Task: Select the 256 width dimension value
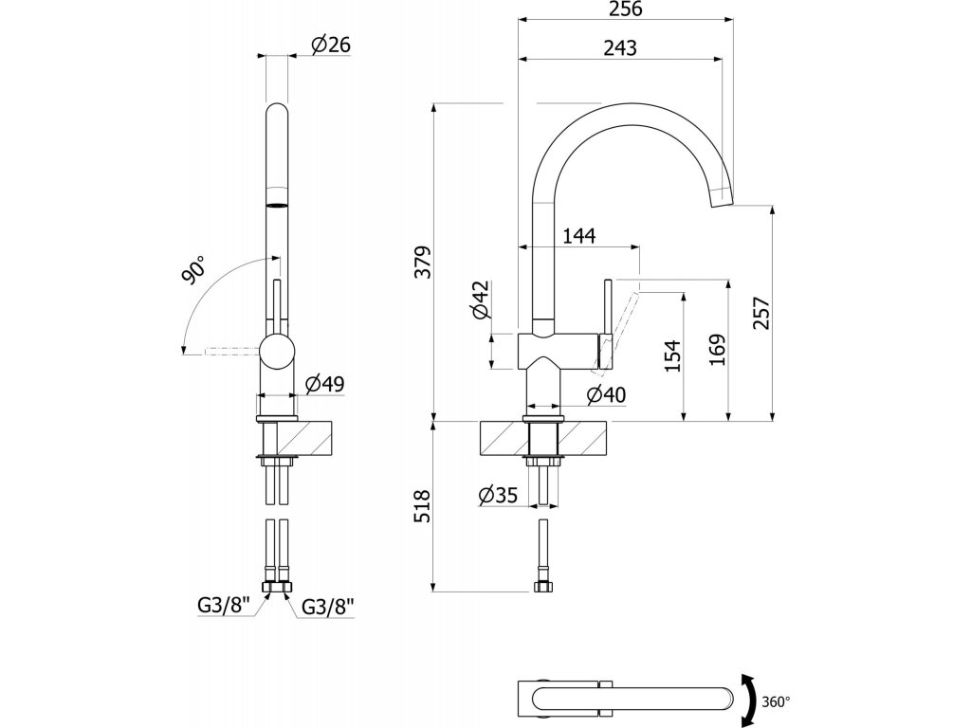(624, 9)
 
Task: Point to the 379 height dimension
(423, 262)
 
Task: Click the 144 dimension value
(579, 237)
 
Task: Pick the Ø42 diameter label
(481, 300)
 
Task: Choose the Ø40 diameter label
(607, 395)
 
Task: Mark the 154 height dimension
(673, 355)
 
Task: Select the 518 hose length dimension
(423, 505)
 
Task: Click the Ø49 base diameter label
(325, 384)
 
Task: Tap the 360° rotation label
(776, 702)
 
